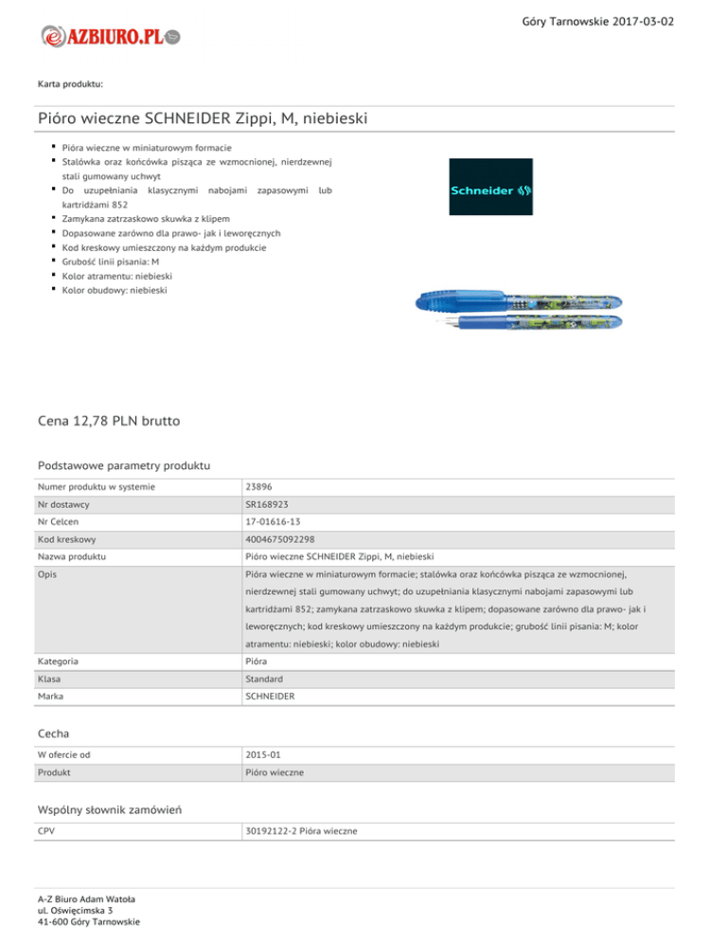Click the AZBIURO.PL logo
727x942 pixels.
(x=110, y=36)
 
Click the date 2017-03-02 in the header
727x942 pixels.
(x=643, y=21)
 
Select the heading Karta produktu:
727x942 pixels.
(x=71, y=84)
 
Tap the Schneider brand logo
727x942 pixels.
(x=490, y=187)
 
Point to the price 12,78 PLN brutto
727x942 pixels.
(x=111, y=419)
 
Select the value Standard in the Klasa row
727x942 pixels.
(x=265, y=680)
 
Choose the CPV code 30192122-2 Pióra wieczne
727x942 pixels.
(x=300, y=831)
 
